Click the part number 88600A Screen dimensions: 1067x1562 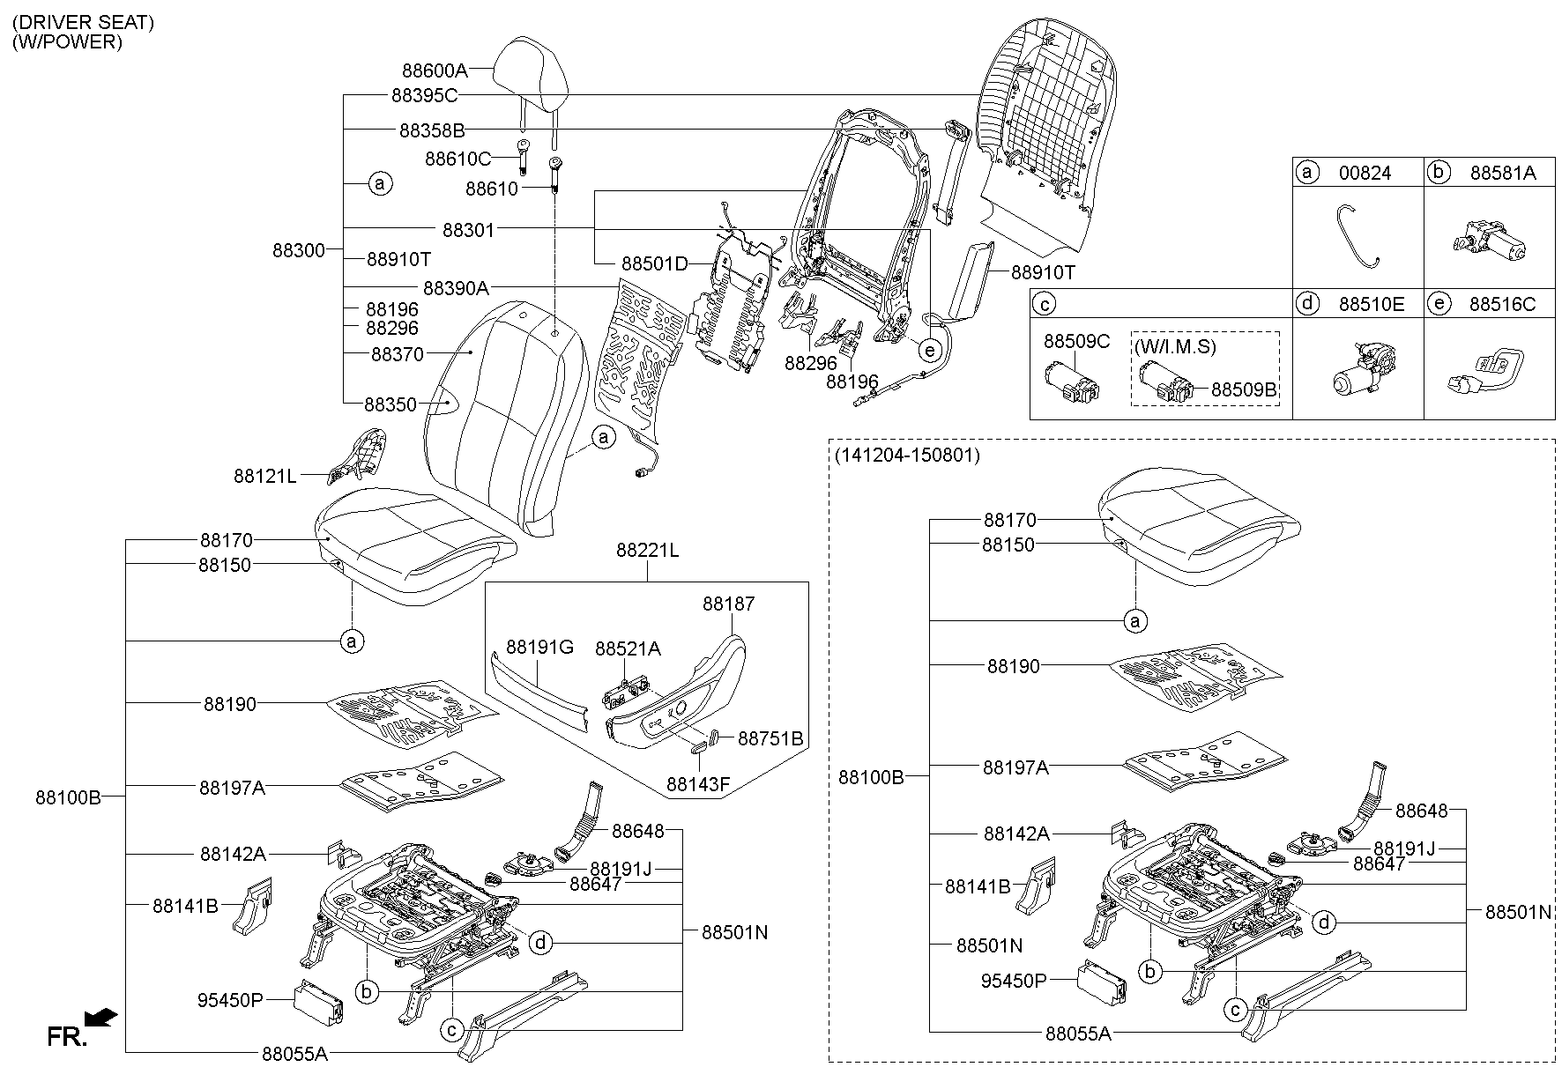tap(435, 70)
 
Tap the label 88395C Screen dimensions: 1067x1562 tap(425, 95)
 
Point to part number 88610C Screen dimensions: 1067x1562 tap(457, 159)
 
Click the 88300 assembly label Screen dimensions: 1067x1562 tap(299, 250)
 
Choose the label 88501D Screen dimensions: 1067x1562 tap(654, 263)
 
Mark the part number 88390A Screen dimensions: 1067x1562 tap(456, 287)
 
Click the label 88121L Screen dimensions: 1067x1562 tap(265, 476)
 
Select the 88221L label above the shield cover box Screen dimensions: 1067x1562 tap(647, 551)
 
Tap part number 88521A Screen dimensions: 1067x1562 tap(628, 648)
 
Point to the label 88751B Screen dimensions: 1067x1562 tap(770, 738)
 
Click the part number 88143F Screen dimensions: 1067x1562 tap(698, 783)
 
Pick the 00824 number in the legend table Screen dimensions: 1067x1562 tap(1365, 174)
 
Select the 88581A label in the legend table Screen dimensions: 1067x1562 tap(1503, 174)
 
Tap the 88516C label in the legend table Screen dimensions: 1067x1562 tap(1503, 305)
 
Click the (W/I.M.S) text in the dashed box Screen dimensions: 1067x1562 tap(1175, 347)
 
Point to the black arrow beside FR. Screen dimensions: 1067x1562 tap(104, 1018)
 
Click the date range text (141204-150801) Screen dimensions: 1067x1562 tap(906, 456)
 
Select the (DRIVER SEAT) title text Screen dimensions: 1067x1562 tap(84, 23)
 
